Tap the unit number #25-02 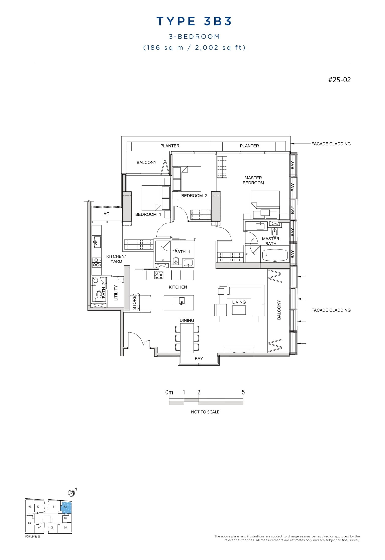point(339,80)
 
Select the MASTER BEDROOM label point(253,180)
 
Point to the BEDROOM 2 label point(194,196)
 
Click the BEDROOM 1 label point(148,214)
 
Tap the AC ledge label point(106,214)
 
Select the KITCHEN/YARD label point(116,259)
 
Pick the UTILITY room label point(116,293)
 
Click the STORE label point(134,302)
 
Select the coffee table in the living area point(239,310)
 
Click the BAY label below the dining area point(199,359)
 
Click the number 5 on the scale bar point(243,392)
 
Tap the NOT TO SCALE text point(205,412)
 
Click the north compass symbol point(71,493)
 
